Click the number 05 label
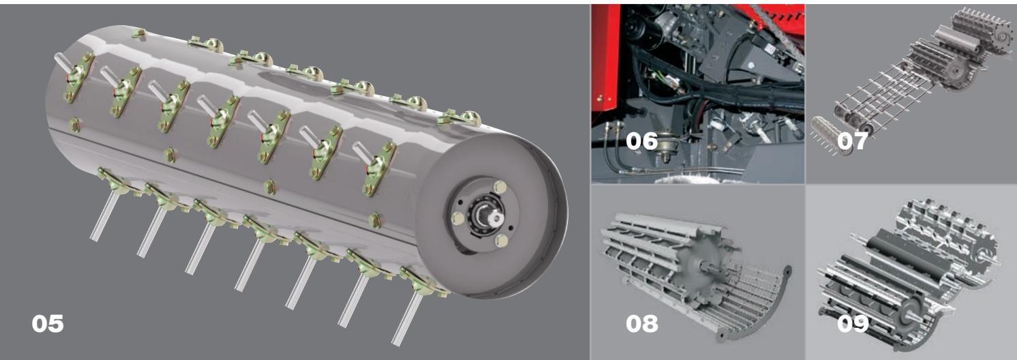48,324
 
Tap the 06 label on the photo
641,140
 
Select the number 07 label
853,140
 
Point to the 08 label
641,324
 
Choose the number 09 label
853,324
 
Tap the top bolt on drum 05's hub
500,187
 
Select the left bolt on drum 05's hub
457,219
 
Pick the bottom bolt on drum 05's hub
501,240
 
